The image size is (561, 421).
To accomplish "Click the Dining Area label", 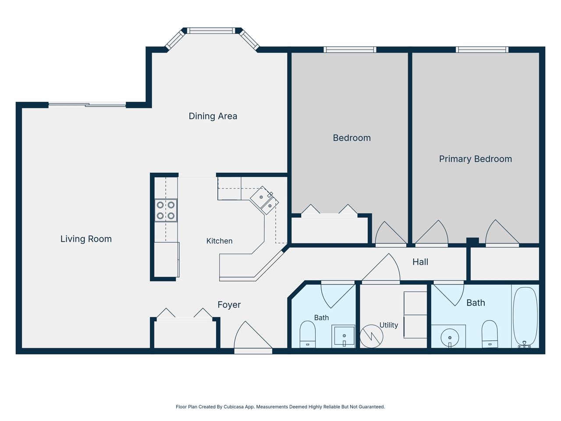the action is (213, 116).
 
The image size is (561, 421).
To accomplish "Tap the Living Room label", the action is (86, 239).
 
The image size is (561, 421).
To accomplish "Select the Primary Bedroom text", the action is (476, 159).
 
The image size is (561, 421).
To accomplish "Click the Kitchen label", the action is (219, 241).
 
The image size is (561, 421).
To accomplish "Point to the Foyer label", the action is (229, 305).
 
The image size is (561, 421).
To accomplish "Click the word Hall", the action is (420, 262).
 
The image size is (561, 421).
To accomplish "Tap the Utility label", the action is (388, 325).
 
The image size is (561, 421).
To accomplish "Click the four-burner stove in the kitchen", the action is (166, 210).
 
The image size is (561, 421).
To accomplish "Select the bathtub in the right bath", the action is (525, 318).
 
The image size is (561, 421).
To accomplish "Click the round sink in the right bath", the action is (450, 337).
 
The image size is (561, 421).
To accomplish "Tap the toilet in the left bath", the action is (308, 334).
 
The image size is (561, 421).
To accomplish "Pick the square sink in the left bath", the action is (343, 336).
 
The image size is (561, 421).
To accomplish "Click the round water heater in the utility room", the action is (371, 336).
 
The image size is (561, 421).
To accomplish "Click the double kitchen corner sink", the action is (265, 200).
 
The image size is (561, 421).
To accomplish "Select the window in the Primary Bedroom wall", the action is (482, 50).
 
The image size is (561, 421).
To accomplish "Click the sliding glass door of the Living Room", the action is (87, 104).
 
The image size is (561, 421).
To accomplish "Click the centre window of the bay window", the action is (211, 31).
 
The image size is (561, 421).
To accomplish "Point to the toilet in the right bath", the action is (490, 334).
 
